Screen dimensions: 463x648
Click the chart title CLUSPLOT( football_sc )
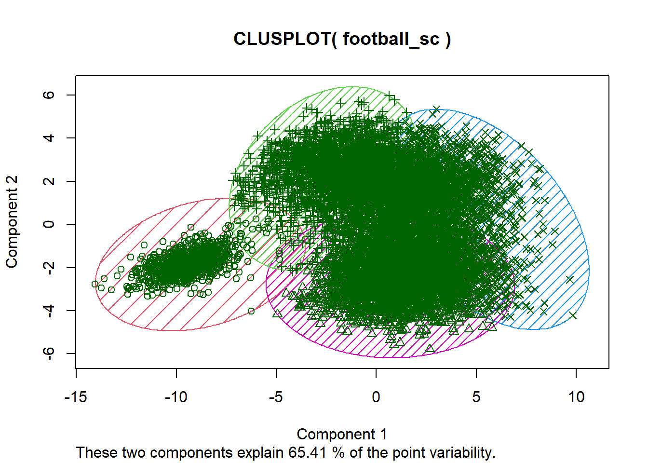point(342,39)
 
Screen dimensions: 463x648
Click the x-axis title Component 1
point(341,434)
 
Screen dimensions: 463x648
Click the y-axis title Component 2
point(12,221)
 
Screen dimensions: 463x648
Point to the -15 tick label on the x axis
point(76,397)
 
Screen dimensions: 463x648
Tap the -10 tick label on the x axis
point(176,397)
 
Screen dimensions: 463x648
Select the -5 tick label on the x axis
point(276,397)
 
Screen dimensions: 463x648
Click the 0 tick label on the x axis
point(376,397)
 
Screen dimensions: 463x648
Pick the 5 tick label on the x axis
point(476,397)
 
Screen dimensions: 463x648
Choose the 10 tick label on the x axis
point(576,397)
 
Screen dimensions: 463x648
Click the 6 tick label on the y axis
point(49,95)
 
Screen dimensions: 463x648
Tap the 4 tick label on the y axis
point(49,138)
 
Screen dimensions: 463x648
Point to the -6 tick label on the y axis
point(49,354)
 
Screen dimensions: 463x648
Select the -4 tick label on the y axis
point(49,310)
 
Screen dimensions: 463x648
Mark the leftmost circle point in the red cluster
point(95,284)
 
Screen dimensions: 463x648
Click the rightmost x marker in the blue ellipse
point(573,315)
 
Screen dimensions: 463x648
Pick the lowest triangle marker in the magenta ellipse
point(430,348)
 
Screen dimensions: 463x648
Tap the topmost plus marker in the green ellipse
point(390,95)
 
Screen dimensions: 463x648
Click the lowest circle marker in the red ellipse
point(251,311)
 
